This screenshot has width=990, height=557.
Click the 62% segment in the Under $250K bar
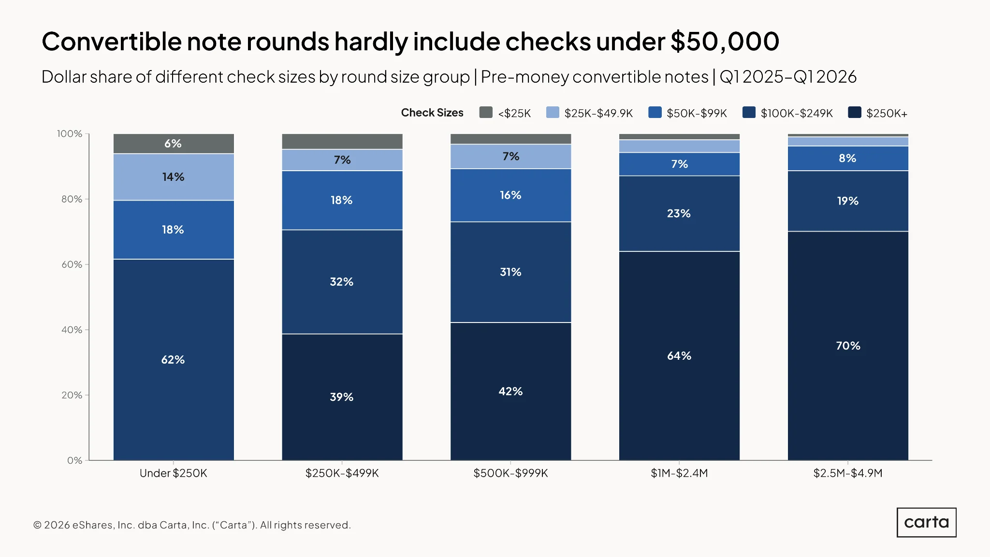point(174,360)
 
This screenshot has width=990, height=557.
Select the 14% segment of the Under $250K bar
point(174,177)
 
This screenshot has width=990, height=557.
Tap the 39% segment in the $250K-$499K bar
point(342,397)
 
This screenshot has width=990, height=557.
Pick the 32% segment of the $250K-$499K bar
point(342,282)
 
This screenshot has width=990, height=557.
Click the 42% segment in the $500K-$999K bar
point(510,391)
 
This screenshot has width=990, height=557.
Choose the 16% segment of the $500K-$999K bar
point(510,195)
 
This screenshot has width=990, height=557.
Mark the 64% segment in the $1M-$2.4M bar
point(679,356)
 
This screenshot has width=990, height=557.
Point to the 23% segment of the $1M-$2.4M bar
point(679,214)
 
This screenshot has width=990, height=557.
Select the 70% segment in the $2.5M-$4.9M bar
point(848,346)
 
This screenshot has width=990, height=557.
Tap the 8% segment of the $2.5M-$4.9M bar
point(848,158)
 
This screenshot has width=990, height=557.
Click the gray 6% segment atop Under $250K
point(174,144)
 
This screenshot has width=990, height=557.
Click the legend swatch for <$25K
point(486,113)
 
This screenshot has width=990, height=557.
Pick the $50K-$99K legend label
point(697,113)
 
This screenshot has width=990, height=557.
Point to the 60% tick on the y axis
point(87,264)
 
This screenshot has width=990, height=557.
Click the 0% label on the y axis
point(74,460)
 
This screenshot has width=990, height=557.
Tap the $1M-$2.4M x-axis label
point(679,473)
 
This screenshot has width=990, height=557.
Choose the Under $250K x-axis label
point(174,473)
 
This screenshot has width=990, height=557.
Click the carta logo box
point(927,522)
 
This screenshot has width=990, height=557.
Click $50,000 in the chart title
point(725,42)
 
